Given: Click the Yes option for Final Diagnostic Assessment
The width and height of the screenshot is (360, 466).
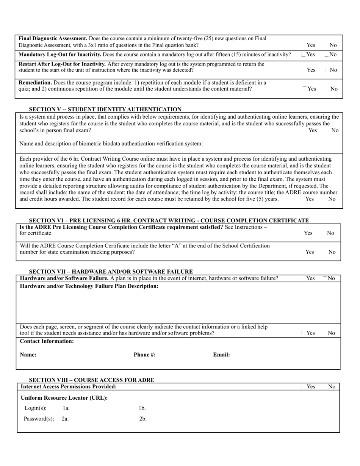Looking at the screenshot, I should click(x=310, y=45).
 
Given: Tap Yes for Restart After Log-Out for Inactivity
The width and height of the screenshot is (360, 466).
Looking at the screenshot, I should click(x=311, y=70).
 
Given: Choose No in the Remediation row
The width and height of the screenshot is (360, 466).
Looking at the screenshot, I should click(x=333, y=89).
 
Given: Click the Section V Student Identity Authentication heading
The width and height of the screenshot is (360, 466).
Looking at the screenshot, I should click(x=105, y=109).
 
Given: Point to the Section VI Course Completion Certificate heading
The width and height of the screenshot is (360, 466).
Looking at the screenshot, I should click(x=169, y=220).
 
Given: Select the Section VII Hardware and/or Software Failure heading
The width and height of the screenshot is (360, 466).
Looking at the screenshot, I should click(x=111, y=271).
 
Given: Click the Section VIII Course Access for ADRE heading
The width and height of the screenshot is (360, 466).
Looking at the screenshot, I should click(x=91, y=380).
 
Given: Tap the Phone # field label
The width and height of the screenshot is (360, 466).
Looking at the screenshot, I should click(x=144, y=355).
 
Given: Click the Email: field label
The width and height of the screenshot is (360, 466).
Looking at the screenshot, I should click(x=221, y=355).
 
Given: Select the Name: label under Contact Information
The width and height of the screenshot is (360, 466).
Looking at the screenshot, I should click(x=28, y=355).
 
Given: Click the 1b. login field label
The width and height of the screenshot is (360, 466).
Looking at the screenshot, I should click(x=142, y=408).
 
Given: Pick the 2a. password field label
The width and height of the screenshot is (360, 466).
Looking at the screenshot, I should click(x=65, y=419).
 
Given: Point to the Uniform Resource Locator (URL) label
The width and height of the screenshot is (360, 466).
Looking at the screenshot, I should click(x=64, y=398).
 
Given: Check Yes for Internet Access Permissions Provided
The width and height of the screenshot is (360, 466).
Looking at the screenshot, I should click(x=310, y=387).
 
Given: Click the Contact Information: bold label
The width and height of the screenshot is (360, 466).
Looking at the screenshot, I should click(x=47, y=341).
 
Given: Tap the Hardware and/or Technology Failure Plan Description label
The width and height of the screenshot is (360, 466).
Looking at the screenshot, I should click(x=89, y=286).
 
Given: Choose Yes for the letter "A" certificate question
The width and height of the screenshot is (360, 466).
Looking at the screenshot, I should click(x=310, y=252).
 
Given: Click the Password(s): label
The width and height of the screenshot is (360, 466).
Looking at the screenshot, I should click(x=39, y=419).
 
